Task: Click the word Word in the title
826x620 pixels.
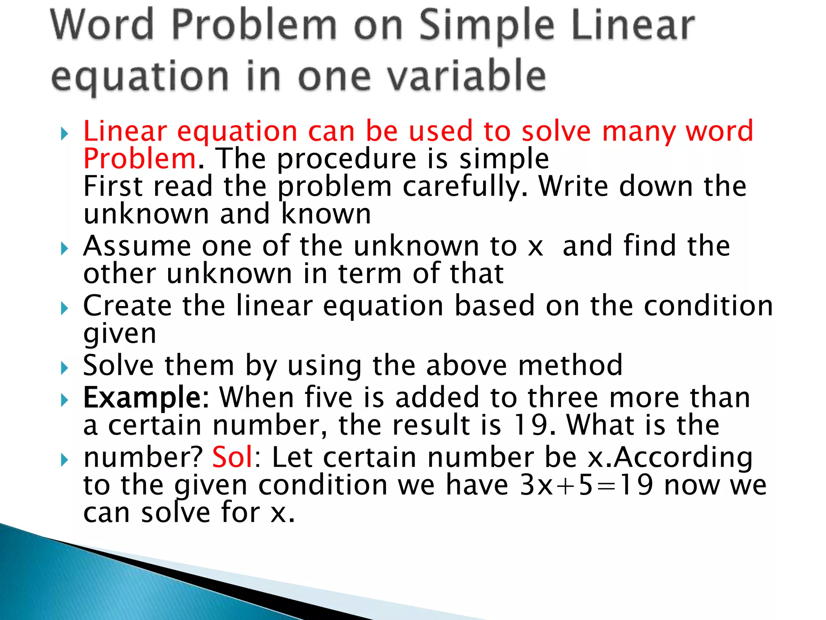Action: [102, 25]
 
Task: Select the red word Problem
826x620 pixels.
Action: [140, 159]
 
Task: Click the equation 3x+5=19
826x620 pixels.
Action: [586, 485]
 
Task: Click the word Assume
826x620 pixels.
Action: [137, 246]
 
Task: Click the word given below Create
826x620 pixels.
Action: [119, 335]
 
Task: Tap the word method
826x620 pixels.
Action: [570, 365]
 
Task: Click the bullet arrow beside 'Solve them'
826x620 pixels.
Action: [65, 368]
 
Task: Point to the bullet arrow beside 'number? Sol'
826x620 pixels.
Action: [65, 460]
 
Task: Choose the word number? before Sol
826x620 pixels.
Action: [143, 457]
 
